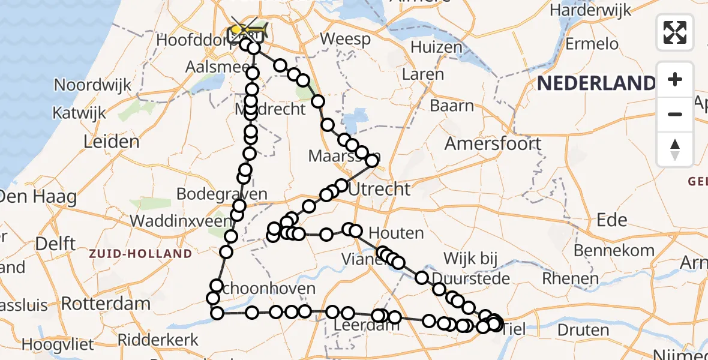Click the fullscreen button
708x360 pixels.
tap(675, 32)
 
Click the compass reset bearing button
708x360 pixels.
tap(675, 149)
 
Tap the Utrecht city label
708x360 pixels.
tap(379, 189)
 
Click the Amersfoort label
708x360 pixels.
tap(493, 143)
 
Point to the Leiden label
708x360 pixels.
tap(112, 142)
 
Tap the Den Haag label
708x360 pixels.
tap(38, 196)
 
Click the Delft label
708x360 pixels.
tap(55, 244)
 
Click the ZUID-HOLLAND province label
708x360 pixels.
tap(140, 254)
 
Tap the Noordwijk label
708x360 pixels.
tap(92, 85)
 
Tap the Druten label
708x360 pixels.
tap(583, 329)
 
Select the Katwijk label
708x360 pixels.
tap(79, 112)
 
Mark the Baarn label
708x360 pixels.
tap(452, 106)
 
